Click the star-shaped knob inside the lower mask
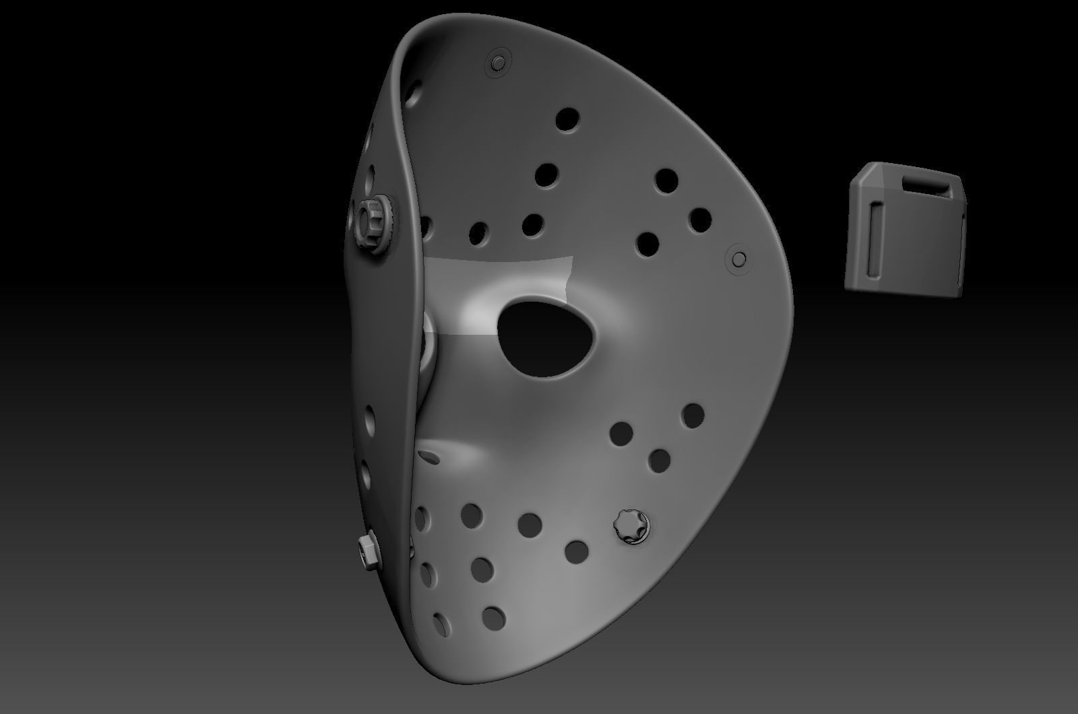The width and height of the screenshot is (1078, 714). pos(631,525)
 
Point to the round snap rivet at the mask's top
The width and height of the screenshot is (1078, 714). pos(499,62)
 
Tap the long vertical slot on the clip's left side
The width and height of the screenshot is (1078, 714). pos(875,240)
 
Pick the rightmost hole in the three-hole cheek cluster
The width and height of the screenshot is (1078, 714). pos(692,416)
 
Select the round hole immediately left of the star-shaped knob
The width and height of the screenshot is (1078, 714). pos(576,552)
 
